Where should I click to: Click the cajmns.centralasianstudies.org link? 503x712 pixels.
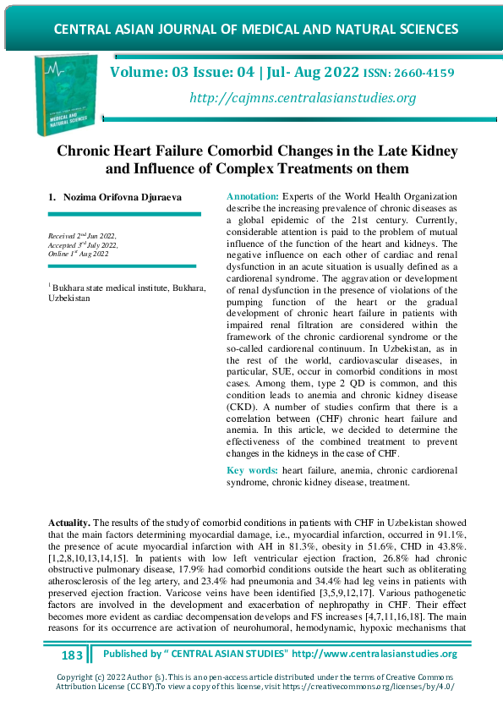tap(303, 98)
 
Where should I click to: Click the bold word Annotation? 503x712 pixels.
tap(252, 195)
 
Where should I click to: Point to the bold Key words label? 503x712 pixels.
tap(253, 469)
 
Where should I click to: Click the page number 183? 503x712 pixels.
tap(73, 655)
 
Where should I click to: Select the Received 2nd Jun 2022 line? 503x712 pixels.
tap(82, 235)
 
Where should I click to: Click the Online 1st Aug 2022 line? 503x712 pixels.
tap(79, 253)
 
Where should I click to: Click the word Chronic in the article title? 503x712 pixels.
tap(89, 151)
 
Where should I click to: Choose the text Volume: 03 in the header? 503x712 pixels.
tap(150, 73)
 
